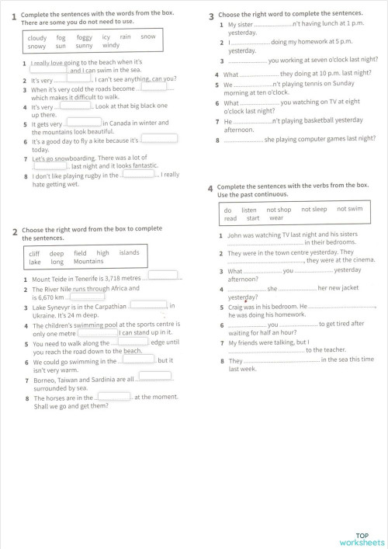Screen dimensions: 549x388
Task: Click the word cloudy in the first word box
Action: click(x=37, y=37)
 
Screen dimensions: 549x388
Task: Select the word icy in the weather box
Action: click(x=106, y=37)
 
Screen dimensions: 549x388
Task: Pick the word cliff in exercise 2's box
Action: click(x=34, y=253)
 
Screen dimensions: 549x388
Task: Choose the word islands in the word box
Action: click(x=129, y=253)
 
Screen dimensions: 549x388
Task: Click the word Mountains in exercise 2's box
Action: click(x=88, y=262)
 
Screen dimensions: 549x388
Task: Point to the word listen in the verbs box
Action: click(x=249, y=210)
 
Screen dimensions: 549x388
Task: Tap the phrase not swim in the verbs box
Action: click(x=350, y=210)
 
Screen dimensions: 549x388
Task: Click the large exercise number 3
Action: click(x=212, y=16)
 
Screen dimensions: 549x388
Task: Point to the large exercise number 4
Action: click(x=210, y=189)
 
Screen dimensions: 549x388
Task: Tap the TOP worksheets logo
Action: click(x=361, y=539)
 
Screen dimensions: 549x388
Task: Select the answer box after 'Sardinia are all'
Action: click(x=154, y=377)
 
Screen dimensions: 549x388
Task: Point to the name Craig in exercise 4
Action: click(x=237, y=307)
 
